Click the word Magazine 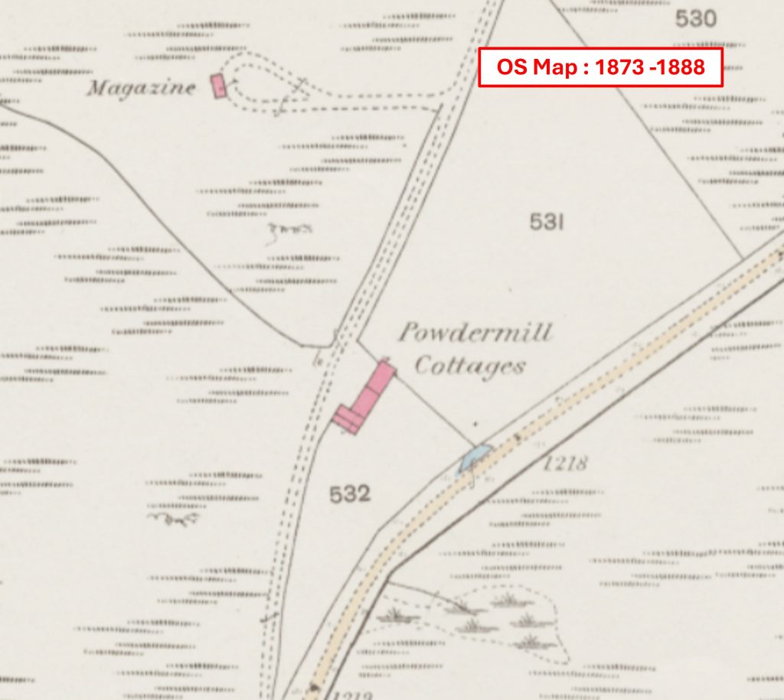click(141, 88)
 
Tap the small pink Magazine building click(220, 86)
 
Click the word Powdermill click(475, 334)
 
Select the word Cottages click(470, 366)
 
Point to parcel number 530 click(695, 19)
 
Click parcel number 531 click(547, 223)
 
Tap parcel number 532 click(350, 495)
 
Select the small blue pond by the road click(472, 459)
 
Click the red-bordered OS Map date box click(600, 67)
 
